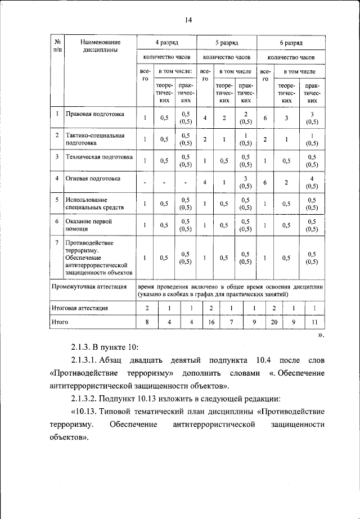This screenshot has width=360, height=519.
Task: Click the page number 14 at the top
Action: pos(188,20)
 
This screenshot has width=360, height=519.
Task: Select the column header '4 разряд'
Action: pos(167,43)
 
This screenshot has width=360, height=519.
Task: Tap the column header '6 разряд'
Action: pos(291,43)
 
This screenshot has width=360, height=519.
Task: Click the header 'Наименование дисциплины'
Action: pos(100,46)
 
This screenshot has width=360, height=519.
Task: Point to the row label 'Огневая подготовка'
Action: pos(93,179)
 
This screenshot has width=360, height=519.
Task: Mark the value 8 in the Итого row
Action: pos(147,322)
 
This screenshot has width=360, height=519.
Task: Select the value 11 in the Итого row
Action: pos(314,322)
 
